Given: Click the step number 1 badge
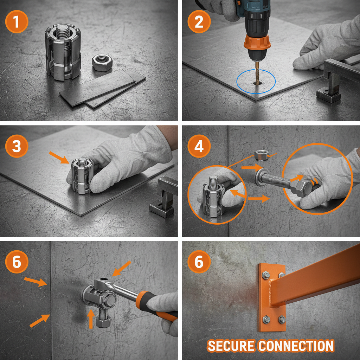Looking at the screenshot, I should pyautogui.click(x=17, y=21).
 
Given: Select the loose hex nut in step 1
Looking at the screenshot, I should pyautogui.click(x=102, y=63).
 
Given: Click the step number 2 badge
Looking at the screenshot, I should pyautogui.click(x=199, y=21).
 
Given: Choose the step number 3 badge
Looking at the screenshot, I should pyautogui.click(x=17, y=146).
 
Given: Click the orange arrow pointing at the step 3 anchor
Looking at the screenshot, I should pyautogui.click(x=59, y=157).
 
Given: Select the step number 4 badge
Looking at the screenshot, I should pyautogui.click(x=199, y=146).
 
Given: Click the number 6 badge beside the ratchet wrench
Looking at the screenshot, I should pyautogui.click(x=17, y=261).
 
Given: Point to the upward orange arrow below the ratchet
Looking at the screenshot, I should pyautogui.click(x=91, y=318).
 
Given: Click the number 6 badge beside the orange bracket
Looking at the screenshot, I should pyautogui.click(x=199, y=261).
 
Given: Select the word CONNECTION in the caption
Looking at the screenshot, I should pyautogui.click(x=296, y=346).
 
